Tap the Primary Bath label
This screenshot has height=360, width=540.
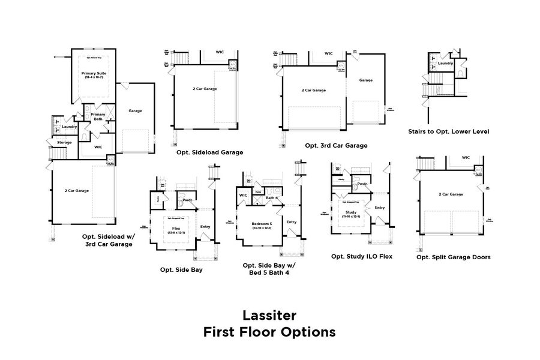point(98,116)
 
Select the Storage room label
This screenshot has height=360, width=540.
point(64,142)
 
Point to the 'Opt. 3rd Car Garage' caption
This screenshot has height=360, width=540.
point(336,145)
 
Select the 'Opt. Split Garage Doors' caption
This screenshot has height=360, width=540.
point(453,257)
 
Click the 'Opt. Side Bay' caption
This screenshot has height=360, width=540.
point(181,269)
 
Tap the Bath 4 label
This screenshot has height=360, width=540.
point(271,198)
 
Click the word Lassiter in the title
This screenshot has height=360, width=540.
point(269,315)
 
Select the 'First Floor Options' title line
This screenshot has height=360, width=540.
point(269,332)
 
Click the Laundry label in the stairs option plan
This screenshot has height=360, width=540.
point(445,63)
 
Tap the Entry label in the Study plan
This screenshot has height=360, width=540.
point(379,208)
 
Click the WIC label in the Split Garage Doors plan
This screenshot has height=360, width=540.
point(466,158)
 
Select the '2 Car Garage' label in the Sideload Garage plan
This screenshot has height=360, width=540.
point(205,89)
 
